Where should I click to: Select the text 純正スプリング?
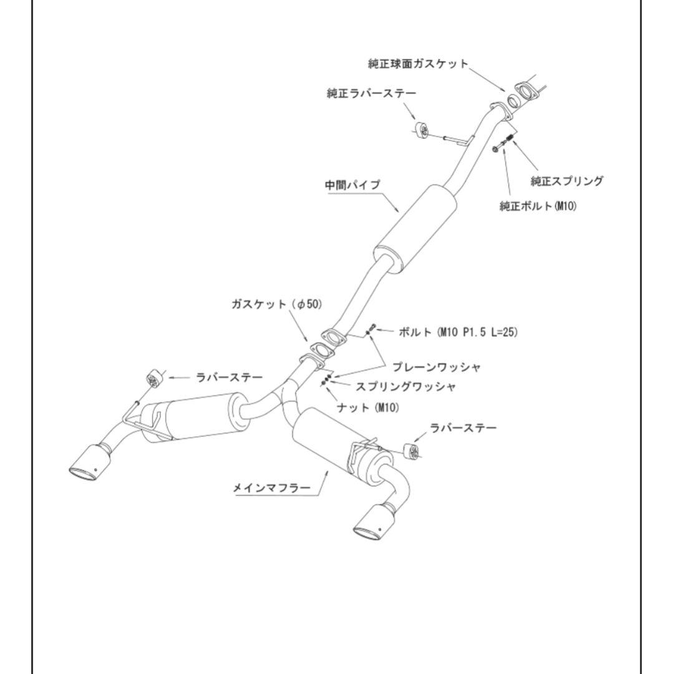pyautogui.click(x=566, y=182)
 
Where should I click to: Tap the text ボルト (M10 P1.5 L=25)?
pyautogui.click(x=458, y=333)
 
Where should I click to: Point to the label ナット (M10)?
pyautogui.click(x=370, y=408)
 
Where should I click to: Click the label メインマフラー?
pyautogui.click(x=271, y=488)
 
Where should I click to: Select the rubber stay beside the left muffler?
pyautogui.click(x=153, y=378)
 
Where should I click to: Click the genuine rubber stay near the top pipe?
pyautogui.click(x=420, y=132)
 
